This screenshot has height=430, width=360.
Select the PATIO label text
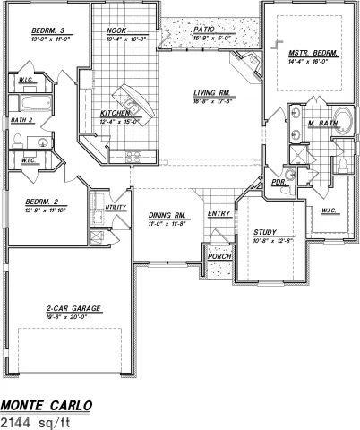pyautogui.click(x=203, y=29)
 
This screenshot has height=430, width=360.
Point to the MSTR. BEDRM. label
pyautogui.click(x=313, y=53)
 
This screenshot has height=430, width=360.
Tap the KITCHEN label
pyautogui.click(x=115, y=114)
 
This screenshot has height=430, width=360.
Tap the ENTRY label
pyautogui.click(x=218, y=213)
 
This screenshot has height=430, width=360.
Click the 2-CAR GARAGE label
pyautogui.click(x=73, y=308)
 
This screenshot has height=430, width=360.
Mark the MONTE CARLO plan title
pyautogui.click(x=46, y=404)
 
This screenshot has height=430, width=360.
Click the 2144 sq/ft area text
pyautogui.click(x=34, y=420)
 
